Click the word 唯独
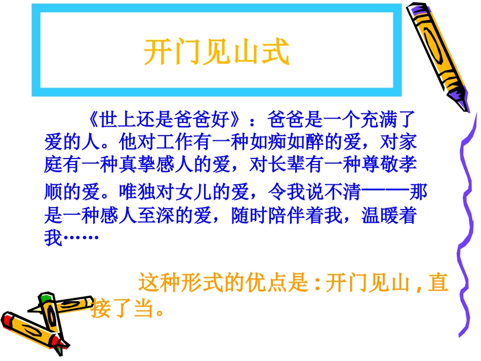[x=136, y=193]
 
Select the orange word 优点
[x=258, y=283]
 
